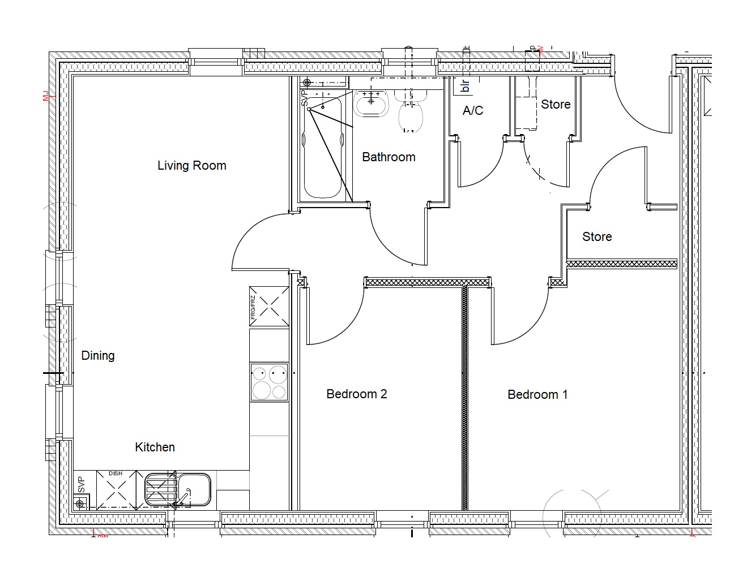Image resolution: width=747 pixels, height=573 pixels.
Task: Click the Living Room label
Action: (x=191, y=166)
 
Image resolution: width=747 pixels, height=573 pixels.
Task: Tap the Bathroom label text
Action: (x=389, y=157)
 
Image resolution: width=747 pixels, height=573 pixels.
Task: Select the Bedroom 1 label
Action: (x=537, y=395)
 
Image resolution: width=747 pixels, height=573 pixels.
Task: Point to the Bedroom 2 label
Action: (x=356, y=394)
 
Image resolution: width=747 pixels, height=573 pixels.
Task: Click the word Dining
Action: (x=98, y=356)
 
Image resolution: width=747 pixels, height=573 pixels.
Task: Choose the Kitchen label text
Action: (x=155, y=447)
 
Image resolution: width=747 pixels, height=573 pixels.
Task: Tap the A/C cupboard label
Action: (x=472, y=111)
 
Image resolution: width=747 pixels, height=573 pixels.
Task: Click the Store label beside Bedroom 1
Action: (x=596, y=237)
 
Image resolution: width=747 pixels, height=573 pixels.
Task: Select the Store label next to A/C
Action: (x=555, y=105)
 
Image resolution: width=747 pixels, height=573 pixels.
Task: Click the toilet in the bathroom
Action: (x=411, y=113)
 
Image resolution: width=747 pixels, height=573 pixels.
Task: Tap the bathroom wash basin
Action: (x=371, y=104)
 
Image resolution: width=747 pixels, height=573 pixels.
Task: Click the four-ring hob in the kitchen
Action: (x=270, y=382)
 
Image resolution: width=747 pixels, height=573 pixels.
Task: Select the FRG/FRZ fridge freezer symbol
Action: (x=269, y=307)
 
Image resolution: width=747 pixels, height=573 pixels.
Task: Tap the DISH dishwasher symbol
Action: (x=117, y=489)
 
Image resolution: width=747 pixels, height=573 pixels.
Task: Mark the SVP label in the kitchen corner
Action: (x=80, y=485)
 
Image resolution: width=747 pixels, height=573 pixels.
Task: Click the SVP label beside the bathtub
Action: (x=304, y=99)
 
